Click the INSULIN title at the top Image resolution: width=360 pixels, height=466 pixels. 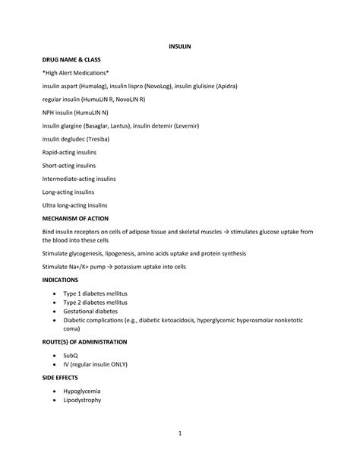pyautogui.click(x=179, y=46)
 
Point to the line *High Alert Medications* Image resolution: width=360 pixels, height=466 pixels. pyautogui.click(x=75, y=72)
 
